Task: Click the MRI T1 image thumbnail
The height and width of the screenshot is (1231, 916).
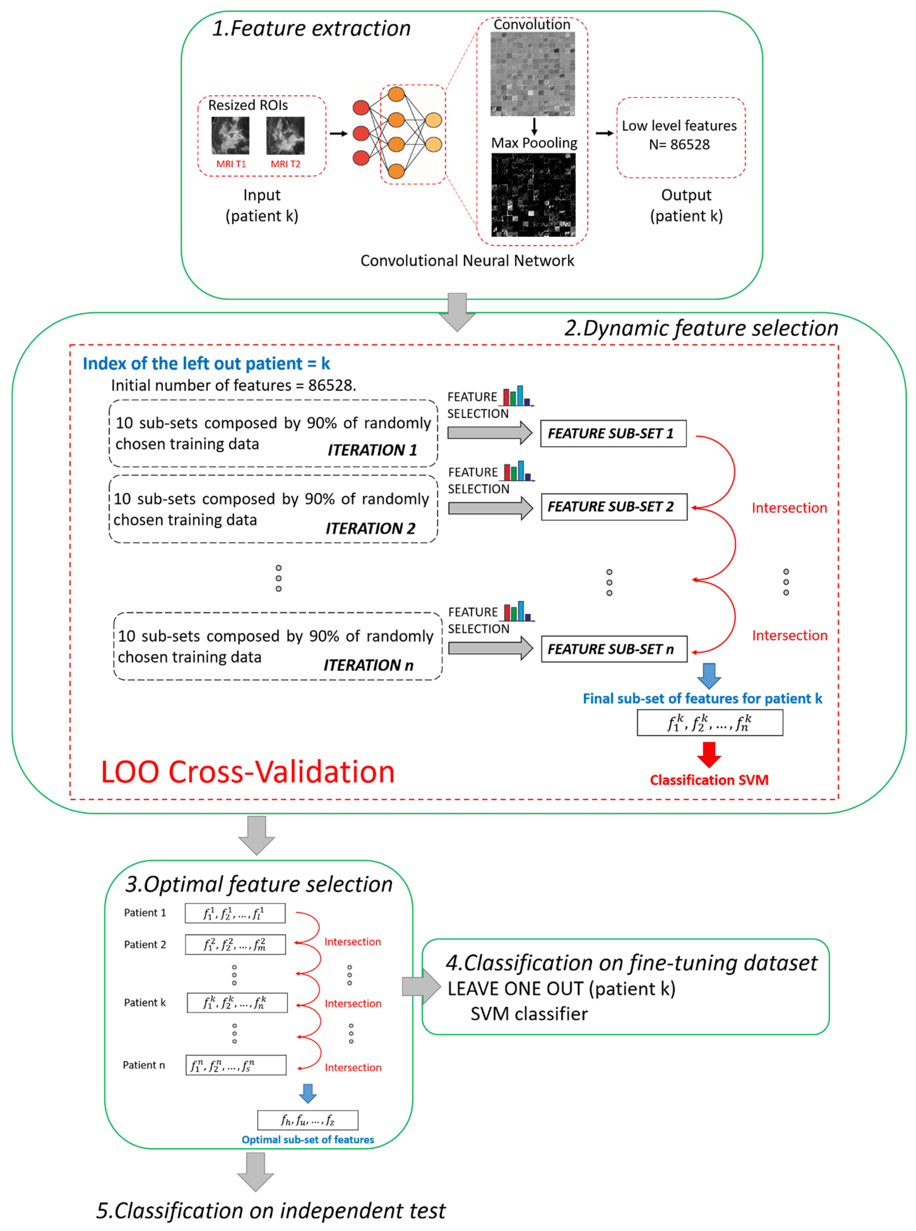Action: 230,135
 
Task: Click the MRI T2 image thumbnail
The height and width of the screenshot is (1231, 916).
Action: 285,135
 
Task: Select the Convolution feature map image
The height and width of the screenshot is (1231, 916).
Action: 532,74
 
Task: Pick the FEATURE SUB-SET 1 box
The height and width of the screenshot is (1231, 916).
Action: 613,433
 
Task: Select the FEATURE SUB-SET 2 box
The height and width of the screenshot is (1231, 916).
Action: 614,507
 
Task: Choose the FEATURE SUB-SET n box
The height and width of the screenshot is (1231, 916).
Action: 614,649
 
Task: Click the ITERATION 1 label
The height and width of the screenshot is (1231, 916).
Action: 372,450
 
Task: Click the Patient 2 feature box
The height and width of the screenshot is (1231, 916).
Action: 235,944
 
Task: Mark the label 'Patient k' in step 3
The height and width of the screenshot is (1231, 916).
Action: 145,1003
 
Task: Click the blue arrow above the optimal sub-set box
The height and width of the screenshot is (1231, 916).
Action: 308,1093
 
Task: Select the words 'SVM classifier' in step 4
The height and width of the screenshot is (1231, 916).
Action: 529,1014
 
